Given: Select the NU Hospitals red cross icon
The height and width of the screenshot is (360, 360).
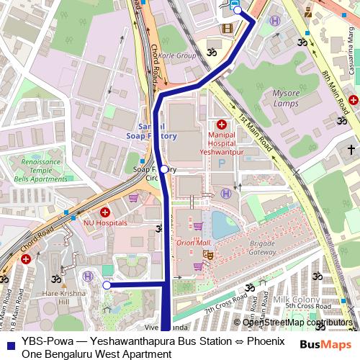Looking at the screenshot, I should pos(104,212).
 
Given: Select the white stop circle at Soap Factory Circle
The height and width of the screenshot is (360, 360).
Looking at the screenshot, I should pos(164,168).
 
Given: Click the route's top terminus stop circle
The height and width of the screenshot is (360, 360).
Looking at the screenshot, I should pos(237,10).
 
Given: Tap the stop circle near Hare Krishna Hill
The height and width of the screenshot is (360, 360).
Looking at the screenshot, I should pos(107,285).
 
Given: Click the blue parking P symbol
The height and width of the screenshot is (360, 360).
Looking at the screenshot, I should pos(221,163).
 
